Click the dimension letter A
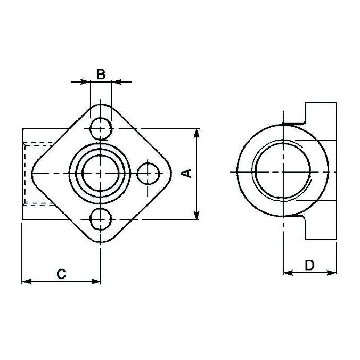click(186, 173)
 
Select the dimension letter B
click(101, 74)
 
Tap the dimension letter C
click(61, 274)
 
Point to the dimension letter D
click(309, 265)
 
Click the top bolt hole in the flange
click(101, 128)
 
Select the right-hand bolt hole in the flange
click(148, 174)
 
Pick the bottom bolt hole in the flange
click(101, 218)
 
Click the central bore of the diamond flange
click(101, 173)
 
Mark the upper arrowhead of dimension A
click(197, 134)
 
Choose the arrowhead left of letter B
click(85, 82)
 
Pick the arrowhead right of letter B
click(117, 82)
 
